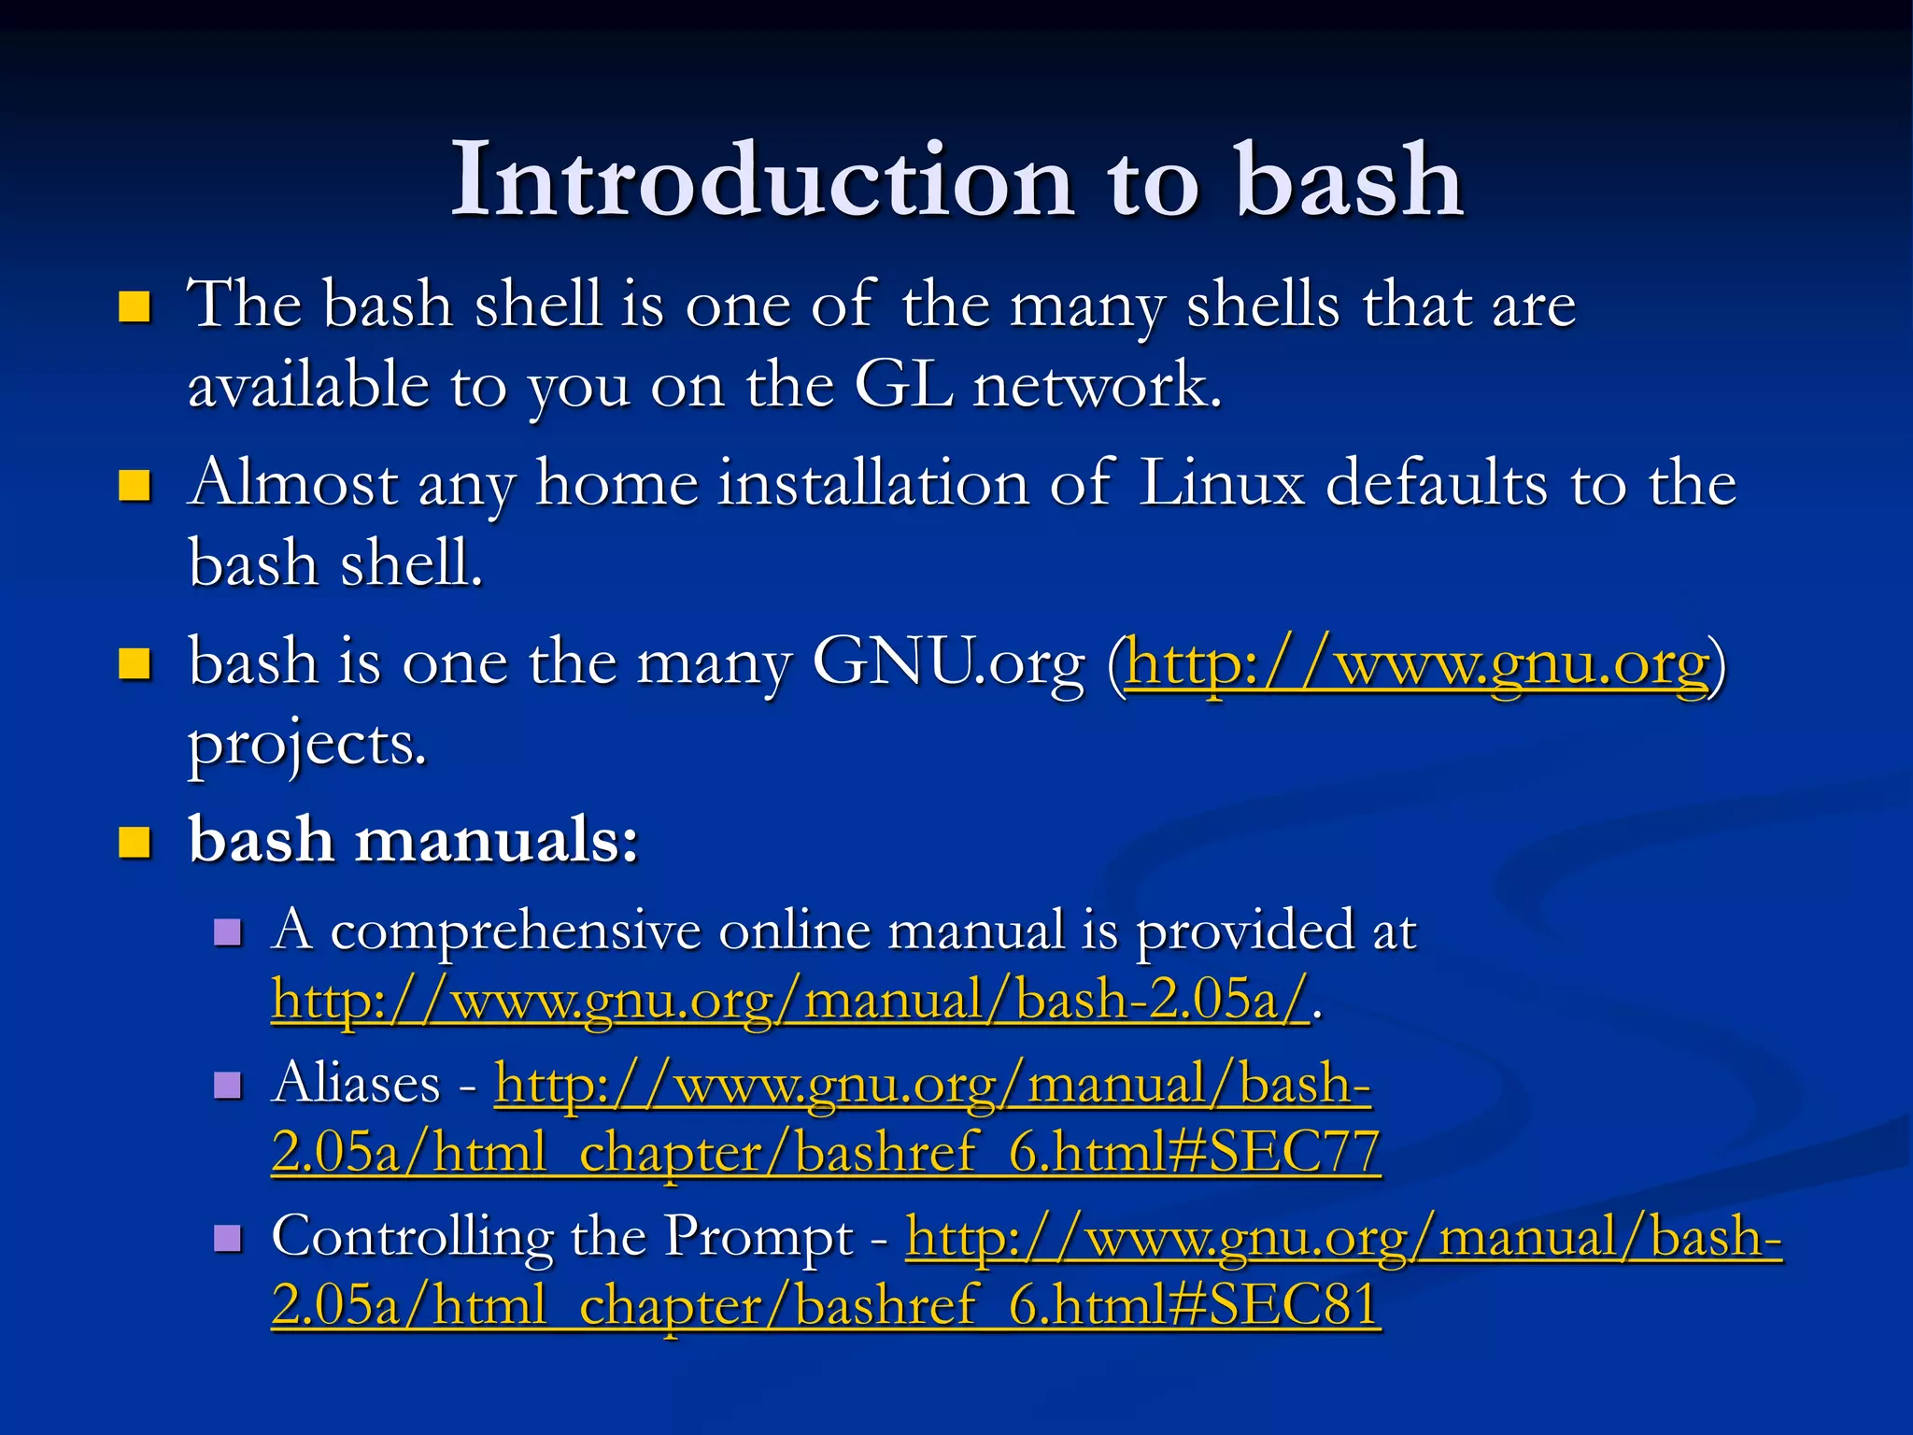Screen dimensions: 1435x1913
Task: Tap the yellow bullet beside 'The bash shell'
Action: (x=135, y=306)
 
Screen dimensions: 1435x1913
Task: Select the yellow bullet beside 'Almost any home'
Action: (x=135, y=486)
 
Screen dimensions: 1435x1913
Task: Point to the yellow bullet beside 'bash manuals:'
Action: (x=135, y=842)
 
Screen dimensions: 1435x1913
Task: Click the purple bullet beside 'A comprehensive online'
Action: (x=228, y=931)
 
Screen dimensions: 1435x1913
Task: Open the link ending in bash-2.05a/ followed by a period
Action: (x=790, y=1000)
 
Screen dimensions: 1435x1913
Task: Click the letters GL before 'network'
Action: (x=903, y=385)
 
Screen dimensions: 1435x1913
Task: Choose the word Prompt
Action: (x=758, y=1239)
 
